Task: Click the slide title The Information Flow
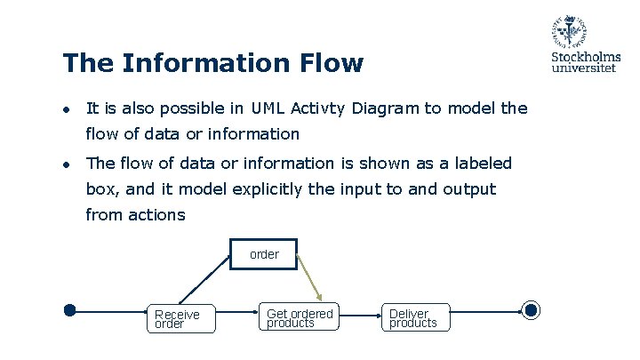pyautogui.click(x=212, y=63)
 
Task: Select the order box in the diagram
pyautogui.click(x=263, y=254)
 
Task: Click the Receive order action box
pyautogui.click(x=183, y=318)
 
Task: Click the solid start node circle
pyautogui.click(x=70, y=310)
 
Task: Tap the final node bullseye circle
pyautogui.click(x=531, y=310)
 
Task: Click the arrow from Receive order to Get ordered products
pyautogui.click(x=237, y=311)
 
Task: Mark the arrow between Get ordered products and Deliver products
pyautogui.click(x=363, y=311)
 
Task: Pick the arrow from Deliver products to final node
pyautogui.click(x=485, y=311)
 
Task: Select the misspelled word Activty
pyautogui.click(x=320, y=108)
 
